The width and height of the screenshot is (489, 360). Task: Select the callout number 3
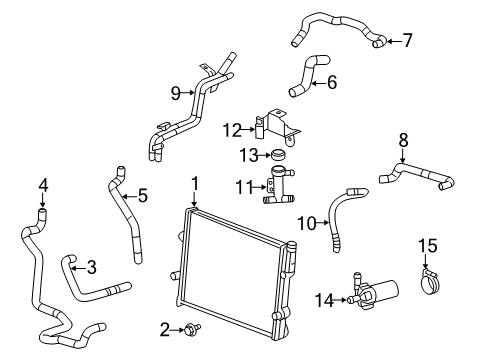pos(91,266)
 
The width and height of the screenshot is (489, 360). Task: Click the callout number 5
pos(142,195)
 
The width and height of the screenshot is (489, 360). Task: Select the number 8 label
pos(403,141)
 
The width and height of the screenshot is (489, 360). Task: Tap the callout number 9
pos(174,94)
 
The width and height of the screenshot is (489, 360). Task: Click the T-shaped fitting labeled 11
pos(277,188)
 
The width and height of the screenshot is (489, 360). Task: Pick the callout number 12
pos(232,128)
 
